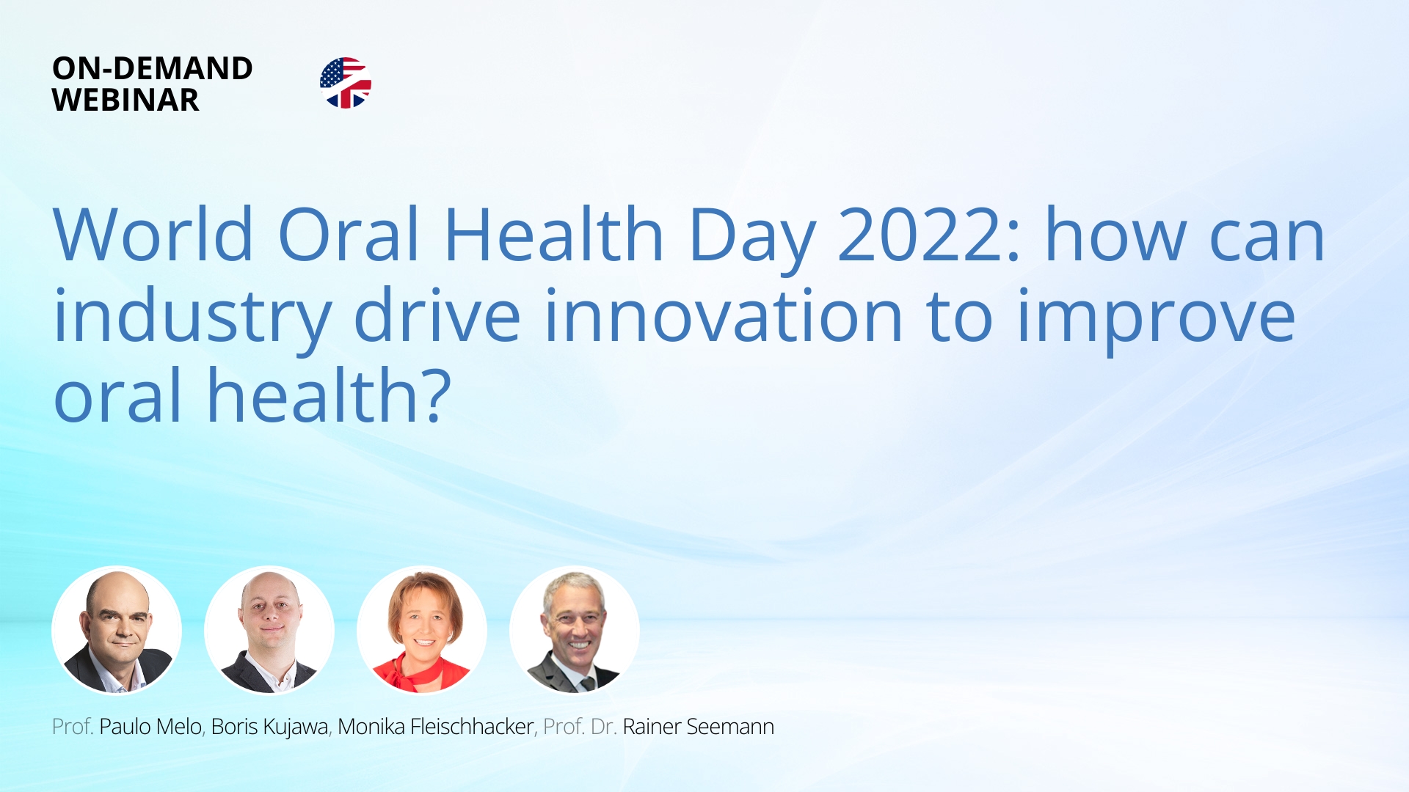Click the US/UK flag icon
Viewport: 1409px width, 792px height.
click(x=346, y=83)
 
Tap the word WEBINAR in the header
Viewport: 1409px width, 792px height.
click(x=125, y=100)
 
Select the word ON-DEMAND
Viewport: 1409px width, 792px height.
click(x=153, y=68)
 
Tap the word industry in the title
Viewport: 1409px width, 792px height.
click(x=193, y=321)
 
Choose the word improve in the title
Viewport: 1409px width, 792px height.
click(x=1157, y=321)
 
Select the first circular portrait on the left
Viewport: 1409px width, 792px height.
click(x=117, y=631)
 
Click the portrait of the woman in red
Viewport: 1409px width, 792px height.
click(x=422, y=631)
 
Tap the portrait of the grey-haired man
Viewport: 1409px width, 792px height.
click(x=575, y=631)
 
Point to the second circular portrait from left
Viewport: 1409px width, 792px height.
click(x=269, y=631)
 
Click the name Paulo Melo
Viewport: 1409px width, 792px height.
click(x=150, y=727)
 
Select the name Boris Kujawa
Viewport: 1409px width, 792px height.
click(x=269, y=727)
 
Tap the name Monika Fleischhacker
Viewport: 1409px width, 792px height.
click(x=436, y=727)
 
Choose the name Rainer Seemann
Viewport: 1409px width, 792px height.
click(x=699, y=727)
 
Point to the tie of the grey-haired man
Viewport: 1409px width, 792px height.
click(x=587, y=684)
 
